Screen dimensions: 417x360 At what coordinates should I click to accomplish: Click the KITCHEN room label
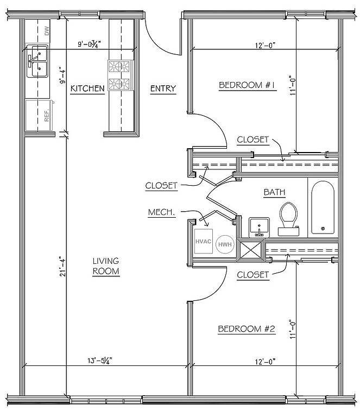coord(87,88)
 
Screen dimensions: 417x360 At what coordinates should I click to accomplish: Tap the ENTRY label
coord(163,88)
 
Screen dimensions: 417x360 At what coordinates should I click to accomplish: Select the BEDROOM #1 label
coord(248,85)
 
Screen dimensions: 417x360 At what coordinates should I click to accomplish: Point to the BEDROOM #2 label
coord(247,329)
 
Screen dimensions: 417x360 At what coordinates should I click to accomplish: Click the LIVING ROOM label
coord(105,266)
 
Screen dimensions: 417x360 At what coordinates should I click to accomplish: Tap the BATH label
coord(274,192)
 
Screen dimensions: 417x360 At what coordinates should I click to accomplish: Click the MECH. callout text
coord(161,212)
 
